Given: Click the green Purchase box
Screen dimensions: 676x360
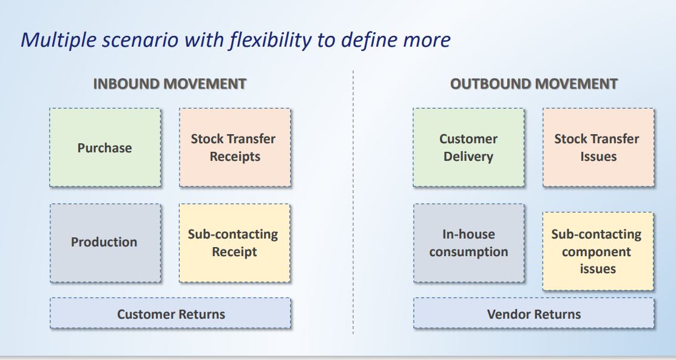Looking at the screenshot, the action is (x=105, y=148).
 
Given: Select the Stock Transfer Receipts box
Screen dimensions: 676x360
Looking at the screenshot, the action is (x=235, y=148).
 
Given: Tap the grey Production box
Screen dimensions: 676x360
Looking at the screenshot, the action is (x=105, y=243).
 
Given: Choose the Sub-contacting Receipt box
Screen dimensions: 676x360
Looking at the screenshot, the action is (x=234, y=243).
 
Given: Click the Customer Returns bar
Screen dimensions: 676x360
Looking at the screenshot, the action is (x=171, y=313).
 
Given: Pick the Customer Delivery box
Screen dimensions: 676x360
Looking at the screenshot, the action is (x=468, y=148).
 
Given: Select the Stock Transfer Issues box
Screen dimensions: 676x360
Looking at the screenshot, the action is (x=598, y=148).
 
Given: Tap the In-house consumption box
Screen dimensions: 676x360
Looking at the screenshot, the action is (x=469, y=243).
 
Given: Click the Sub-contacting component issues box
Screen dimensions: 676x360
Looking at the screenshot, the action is (x=598, y=251).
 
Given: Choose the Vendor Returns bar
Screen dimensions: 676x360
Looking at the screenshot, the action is (x=534, y=313).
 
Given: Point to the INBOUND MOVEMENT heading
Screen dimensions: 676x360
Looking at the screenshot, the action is (x=170, y=84).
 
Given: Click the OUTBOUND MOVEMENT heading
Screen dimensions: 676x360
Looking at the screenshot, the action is (x=534, y=84).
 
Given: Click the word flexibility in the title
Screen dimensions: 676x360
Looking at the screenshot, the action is (x=270, y=40).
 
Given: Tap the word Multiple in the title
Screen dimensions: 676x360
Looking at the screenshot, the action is (x=59, y=40).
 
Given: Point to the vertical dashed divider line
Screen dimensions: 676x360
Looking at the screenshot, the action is (x=353, y=202).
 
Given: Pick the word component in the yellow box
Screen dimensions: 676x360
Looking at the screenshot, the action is (x=597, y=252).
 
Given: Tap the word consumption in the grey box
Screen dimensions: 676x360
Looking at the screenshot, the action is (x=468, y=252).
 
